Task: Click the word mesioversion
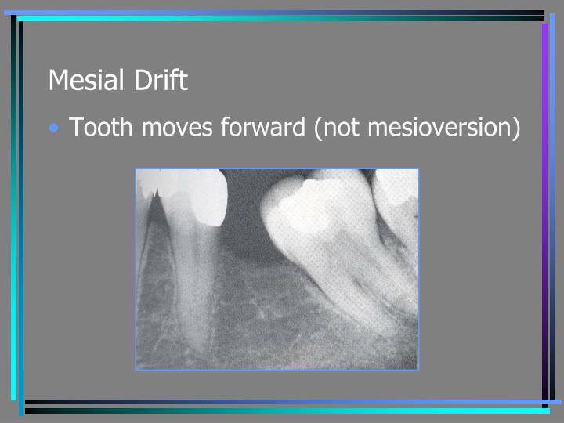pos(438,127)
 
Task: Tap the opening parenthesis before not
pos(319,128)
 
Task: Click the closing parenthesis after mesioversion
pos(515,128)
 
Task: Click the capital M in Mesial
pos(58,80)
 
